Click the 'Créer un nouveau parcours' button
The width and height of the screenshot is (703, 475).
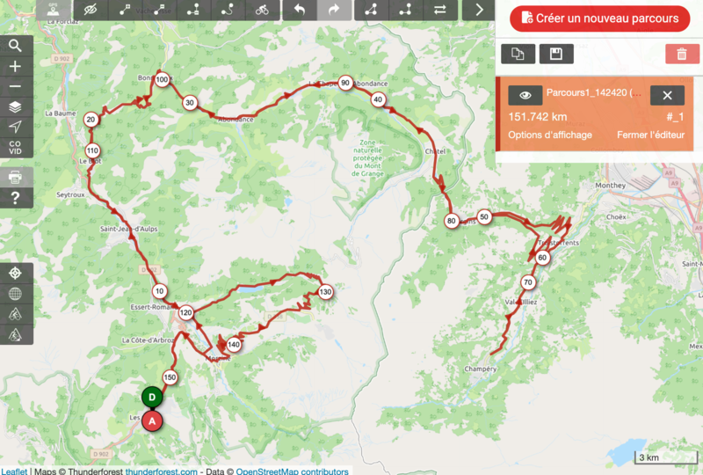(x=600, y=18)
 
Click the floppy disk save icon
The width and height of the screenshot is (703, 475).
(x=555, y=54)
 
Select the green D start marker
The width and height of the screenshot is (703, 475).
(x=152, y=398)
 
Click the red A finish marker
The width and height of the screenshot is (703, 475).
(x=153, y=421)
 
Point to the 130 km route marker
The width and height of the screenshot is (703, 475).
(x=325, y=292)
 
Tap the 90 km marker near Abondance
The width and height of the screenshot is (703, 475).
(x=345, y=84)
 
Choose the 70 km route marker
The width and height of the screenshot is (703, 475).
(x=527, y=282)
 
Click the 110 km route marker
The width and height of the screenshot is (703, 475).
(x=92, y=150)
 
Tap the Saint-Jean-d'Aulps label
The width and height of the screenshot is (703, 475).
(x=127, y=230)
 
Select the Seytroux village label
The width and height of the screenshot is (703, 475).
(x=70, y=194)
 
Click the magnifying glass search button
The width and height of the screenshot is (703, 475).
(x=15, y=46)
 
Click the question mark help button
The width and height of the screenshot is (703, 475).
(x=15, y=198)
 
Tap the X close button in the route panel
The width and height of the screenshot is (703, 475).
(x=667, y=95)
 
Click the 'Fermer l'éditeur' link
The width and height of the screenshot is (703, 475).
(x=649, y=135)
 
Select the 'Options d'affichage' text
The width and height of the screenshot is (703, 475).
(x=550, y=135)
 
